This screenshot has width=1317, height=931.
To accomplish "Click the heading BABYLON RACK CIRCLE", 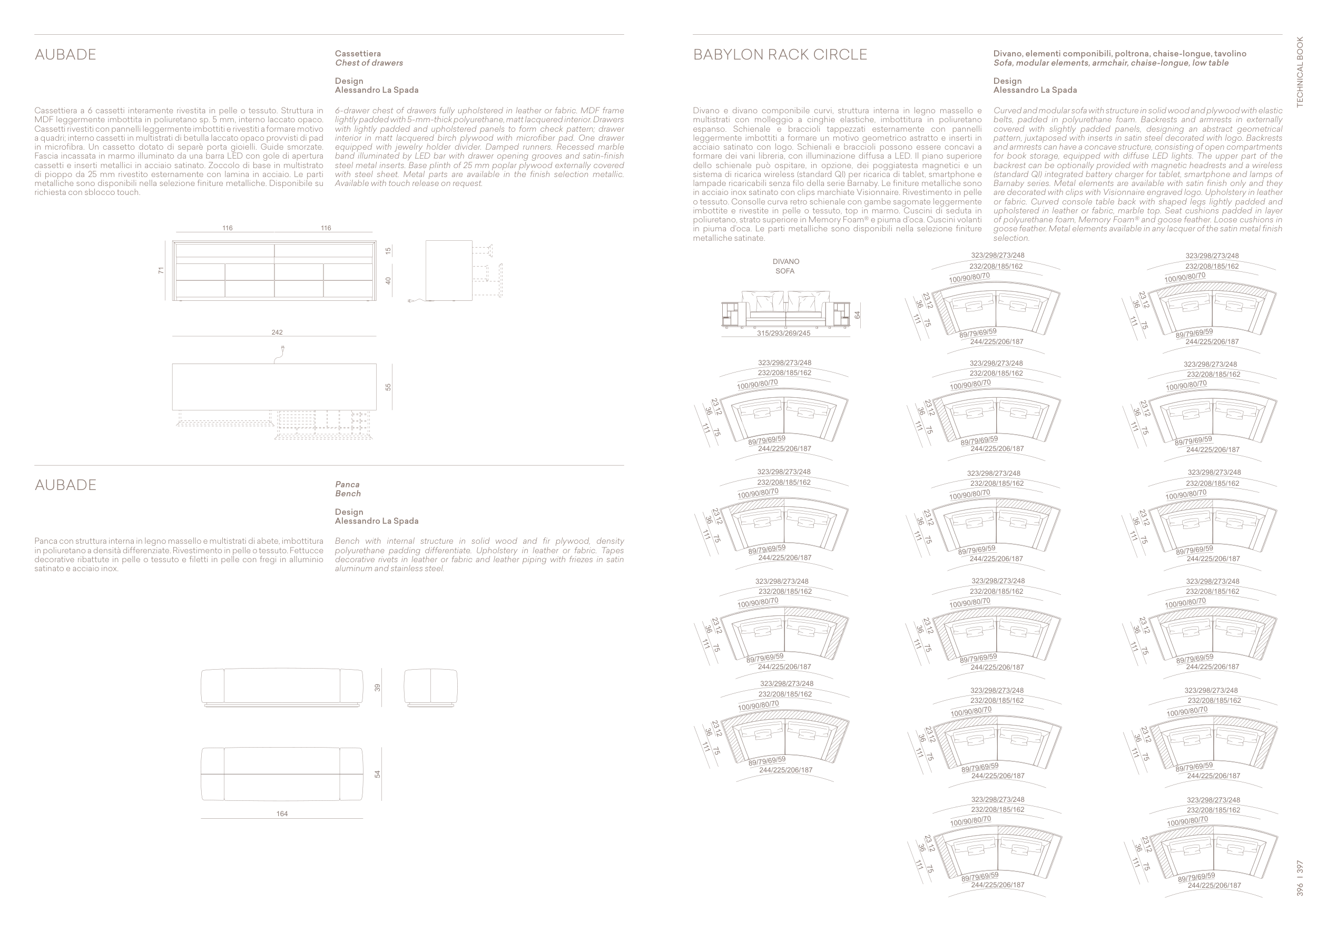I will click(x=780, y=54).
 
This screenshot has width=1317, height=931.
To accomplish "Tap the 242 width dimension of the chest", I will click(x=277, y=332).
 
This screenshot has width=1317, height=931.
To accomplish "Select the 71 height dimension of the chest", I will click(x=161, y=270).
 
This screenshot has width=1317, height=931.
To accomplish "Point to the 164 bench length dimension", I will click(x=282, y=814).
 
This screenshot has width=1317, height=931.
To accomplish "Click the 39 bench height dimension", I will click(x=377, y=687).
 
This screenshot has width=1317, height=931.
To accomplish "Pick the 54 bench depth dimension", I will click(x=377, y=774).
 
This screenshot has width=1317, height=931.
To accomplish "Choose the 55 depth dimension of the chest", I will click(x=388, y=387).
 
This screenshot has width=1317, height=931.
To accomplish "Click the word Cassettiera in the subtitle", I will click(x=357, y=53).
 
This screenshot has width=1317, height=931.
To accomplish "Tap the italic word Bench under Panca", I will click(x=348, y=493).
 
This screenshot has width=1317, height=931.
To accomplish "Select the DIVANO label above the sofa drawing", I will click(x=785, y=261).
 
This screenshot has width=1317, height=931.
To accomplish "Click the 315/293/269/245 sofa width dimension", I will click(x=783, y=334).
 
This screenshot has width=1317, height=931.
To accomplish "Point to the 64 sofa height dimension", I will click(x=857, y=315).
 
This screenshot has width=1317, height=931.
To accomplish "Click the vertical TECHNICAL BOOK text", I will click(x=1300, y=72).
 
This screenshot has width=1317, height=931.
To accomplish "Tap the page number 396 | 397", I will click(x=1300, y=878).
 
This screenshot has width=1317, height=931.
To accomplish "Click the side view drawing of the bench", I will click(x=431, y=687).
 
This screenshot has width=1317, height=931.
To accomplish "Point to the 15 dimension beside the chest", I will click(x=388, y=251).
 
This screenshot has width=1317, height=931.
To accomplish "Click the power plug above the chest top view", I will click(x=283, y=349).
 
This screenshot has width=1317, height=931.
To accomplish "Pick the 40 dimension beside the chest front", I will click(x=388, y=280).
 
